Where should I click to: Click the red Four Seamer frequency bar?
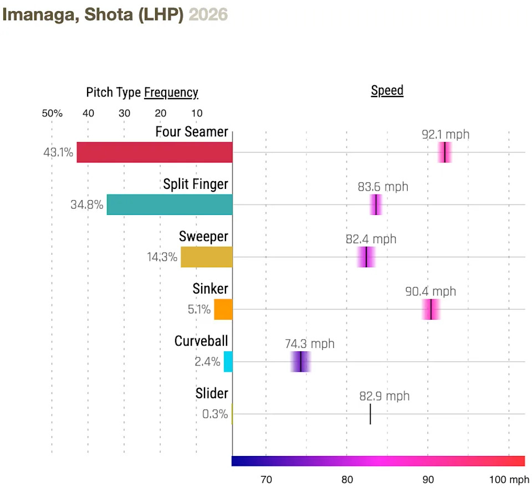155,152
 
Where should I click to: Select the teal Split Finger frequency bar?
170,204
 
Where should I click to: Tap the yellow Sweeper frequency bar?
207,257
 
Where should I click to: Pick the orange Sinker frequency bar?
223,309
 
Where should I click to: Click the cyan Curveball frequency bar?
228,361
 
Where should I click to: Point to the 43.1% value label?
58,152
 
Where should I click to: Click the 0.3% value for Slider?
214,414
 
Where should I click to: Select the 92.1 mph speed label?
445,135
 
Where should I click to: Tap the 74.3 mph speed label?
310,344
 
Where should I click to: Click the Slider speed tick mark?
370,414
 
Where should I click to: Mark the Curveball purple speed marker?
300,361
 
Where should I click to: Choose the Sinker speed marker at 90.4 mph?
431,309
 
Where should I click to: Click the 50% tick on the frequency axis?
52,114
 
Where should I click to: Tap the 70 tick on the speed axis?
266,479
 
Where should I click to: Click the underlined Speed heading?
387,91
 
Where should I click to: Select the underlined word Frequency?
171,93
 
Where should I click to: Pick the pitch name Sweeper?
203,237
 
